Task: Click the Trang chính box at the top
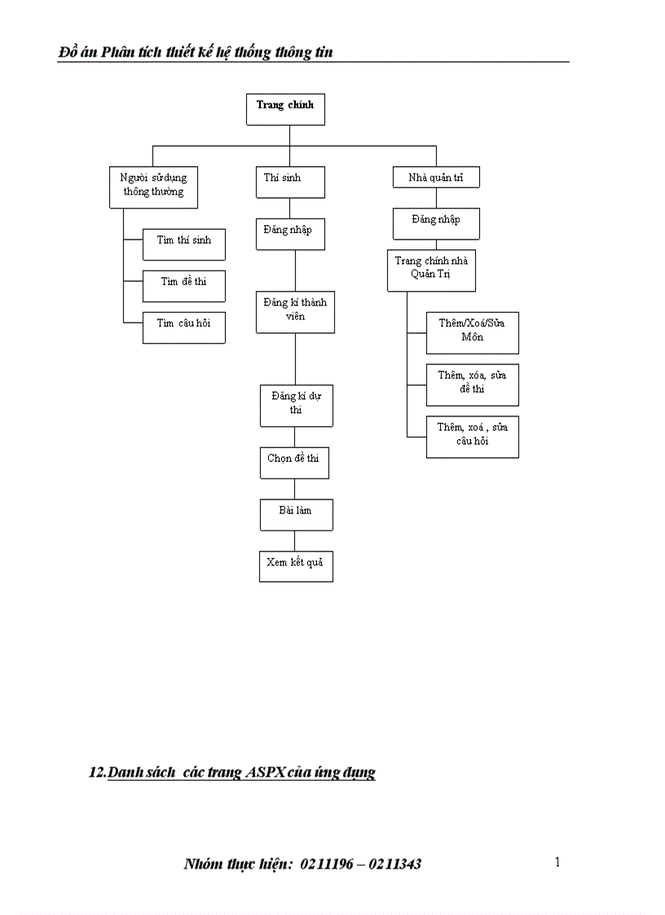pyautogui.click(x=285, y=109)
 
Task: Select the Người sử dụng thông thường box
pyautogui.click(x=153, y=187)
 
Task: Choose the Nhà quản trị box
pyautogui.click(x=435, y=178)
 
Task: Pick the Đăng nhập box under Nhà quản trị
pyautogui.click(x=436, y=222)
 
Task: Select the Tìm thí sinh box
pyautogui.click(x=184, y=244)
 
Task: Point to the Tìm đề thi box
pyautogui.click(x=184, y=285)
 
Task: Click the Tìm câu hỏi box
pyautogui.click(x=184, y=327)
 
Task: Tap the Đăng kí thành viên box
pyautogui.click(x=295, y=311)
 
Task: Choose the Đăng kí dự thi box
pyautogui.click(x=296, y=405)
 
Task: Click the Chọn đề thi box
pyautogui.click(x=293, y=461)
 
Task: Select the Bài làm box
pyautogui.click(x=296, y=514)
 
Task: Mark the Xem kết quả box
pyautogui.click(x=296, y=565)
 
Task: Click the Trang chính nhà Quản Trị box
pyautogui.click(x=431, y=271)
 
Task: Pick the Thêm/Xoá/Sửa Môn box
pyautogui.click(x=472, y=332)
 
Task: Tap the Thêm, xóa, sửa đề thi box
pyautogui.click(x=472, y=384)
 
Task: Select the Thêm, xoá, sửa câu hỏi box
pyautogui.click(x=472, y=436)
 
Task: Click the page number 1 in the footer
pyautogui.click(x=557, y=862)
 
